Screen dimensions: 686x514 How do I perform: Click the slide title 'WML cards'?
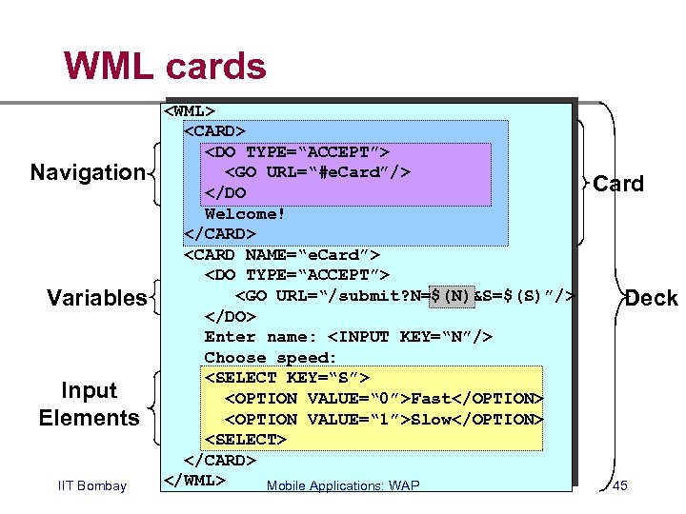[165, 66]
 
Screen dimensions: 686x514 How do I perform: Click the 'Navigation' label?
[88, 172]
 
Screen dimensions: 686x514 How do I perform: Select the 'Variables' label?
[96, 298]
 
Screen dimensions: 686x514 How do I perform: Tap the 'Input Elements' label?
[90, 404]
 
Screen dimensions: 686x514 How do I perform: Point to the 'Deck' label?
[652, 298]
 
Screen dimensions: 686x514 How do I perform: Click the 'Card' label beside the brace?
[618, 184]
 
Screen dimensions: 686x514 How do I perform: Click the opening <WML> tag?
[190, 111]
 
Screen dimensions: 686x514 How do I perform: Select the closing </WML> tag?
[194, 481]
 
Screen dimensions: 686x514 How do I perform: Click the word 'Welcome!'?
[245, 214]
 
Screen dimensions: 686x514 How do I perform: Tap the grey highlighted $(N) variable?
[452, 296]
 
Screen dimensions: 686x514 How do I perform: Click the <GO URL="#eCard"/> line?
[317, 172]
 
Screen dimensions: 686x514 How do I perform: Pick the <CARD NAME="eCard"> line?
[282, 255]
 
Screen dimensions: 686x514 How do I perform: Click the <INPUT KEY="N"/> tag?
[410, 337]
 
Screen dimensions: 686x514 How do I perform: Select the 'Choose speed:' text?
[270, 358]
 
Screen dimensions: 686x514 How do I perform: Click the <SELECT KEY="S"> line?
[287, 378]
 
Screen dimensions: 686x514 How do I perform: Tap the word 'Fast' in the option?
[431, 399]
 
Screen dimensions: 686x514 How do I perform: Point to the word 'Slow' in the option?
[431, 420]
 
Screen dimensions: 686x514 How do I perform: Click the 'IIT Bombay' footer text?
[92, 485]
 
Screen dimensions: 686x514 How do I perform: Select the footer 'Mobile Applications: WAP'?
[343, 485]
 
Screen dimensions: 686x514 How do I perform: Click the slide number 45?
[620, 485]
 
